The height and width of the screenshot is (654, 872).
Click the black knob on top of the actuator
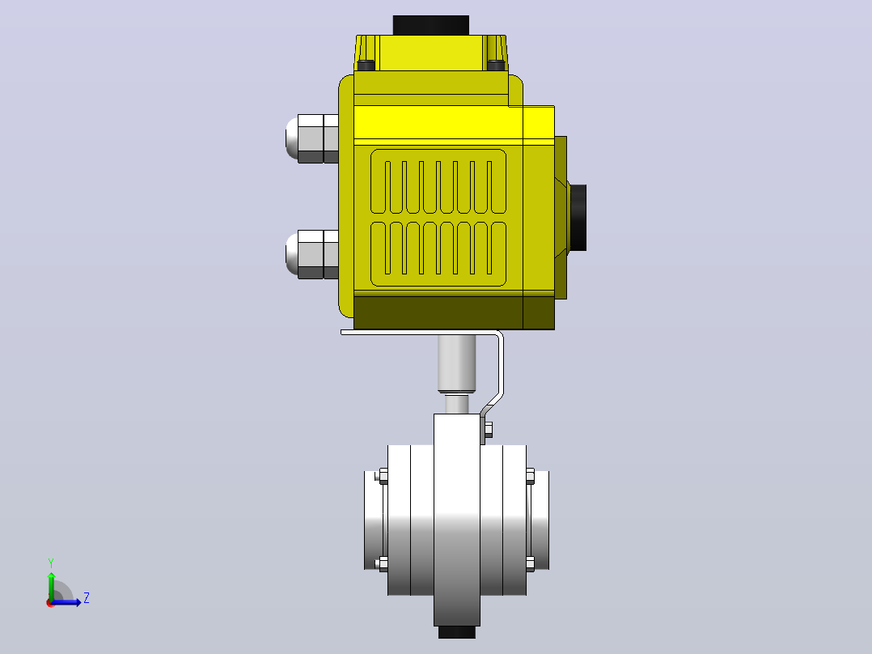coord(431,26)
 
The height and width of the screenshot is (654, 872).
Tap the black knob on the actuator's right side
coord(578,218)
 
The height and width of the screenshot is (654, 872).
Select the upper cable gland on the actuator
coord(312,138)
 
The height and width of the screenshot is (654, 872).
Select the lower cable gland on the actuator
coord(312,254)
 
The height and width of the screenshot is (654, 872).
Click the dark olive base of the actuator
coord(454,312)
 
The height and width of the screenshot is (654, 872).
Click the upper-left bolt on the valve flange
coord(383,476)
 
